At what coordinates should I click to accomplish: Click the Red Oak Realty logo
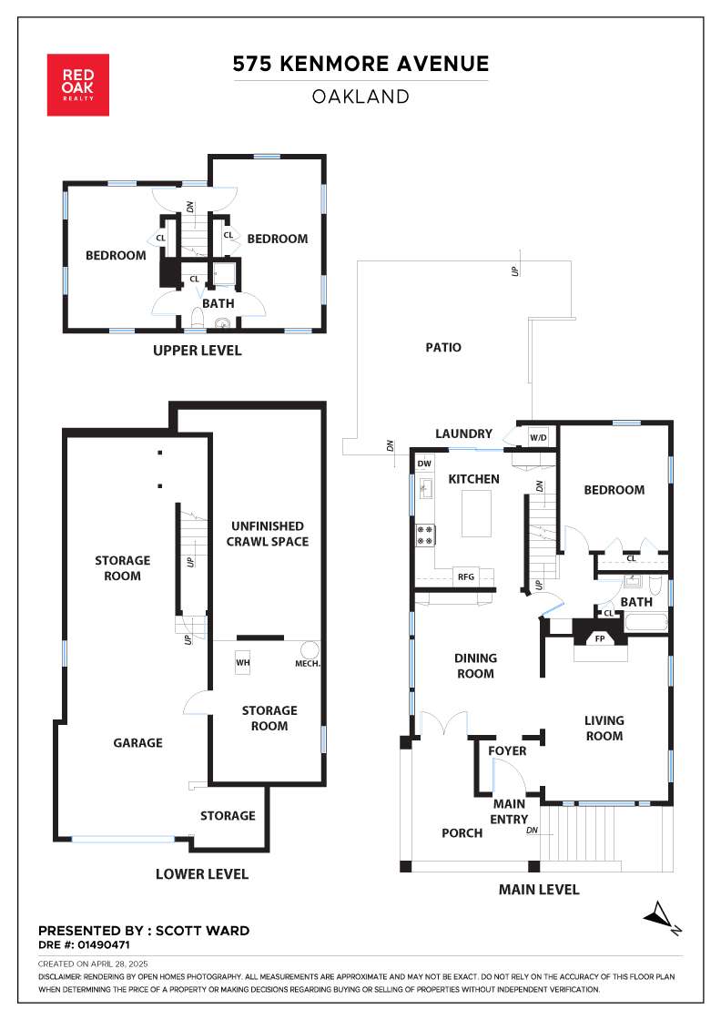point(78,86)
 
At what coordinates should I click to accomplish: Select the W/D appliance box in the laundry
point(538,438)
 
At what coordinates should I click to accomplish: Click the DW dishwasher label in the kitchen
point(424,464)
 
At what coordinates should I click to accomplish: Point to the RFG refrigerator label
point(466,577)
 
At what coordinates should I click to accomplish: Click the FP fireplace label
point(600,638)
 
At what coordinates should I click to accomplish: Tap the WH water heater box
point(242,663)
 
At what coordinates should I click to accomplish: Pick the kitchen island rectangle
point(476,514)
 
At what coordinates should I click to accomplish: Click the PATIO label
point(443,347)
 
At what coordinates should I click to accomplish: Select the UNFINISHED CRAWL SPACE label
point(268,534)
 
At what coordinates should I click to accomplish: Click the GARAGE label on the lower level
point(137,743)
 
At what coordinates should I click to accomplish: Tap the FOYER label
point(507,750)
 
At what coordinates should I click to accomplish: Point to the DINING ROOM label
point(475,666)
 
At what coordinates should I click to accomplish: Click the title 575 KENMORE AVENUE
point(360,64)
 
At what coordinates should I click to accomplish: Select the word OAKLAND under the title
point(360,97)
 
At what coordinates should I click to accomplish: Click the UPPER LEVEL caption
point(197,351)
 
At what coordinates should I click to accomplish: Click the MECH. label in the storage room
point(308,664)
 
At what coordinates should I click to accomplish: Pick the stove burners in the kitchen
point(426,535)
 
